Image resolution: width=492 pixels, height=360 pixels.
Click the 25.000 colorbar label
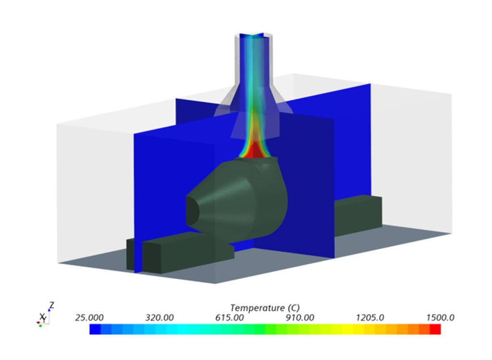click(89, 318)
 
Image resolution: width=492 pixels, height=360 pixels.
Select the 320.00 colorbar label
click(160, 318)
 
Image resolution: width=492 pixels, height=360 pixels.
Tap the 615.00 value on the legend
click(230, 318)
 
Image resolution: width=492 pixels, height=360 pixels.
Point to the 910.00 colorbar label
click(300, 318)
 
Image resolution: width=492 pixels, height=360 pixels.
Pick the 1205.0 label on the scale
click(370, 318)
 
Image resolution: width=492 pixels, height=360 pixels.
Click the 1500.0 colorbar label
click(440, 318)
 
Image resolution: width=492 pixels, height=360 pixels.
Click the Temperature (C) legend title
click(265, 308)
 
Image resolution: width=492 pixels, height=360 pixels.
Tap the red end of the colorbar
click(435, 329)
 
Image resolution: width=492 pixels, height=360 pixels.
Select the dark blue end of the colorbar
click(95, 329)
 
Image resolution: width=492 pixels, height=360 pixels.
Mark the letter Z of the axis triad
click(52, 305)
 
